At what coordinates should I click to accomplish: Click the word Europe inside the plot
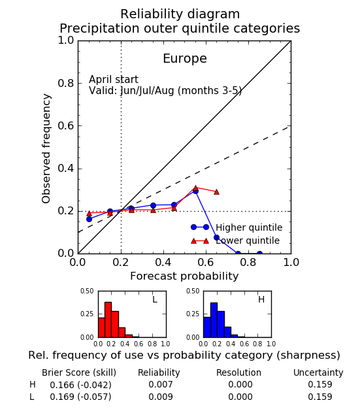(x=185, y=59)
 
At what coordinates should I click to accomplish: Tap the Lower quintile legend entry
(x=235, y=240)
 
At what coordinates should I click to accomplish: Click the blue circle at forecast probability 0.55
(x=195, y=191)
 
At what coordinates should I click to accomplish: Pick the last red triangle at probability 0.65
(x=216, y=192)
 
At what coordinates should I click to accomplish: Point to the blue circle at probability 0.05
(x=89, y=219)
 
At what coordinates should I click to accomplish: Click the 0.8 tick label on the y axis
(x=66, y=84)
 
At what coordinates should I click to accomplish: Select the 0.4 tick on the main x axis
(x=163, y=262)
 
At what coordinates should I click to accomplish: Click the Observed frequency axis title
(x=46, y=148)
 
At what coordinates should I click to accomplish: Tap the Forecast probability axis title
(x=184, y=276)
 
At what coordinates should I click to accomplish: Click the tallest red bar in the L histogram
(x=108, y=320)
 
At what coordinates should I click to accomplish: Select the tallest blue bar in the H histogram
(x=214, y=320)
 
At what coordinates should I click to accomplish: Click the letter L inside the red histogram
(x=155, y=299)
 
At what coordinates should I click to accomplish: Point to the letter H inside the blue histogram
(x=261, y=299)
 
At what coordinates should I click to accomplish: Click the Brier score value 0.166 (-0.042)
(x=80, y=385)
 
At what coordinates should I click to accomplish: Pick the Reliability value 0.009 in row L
(x=161, y=397)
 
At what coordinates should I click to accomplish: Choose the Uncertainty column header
(x=318, y=372)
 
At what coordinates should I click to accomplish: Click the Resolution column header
(x=238, y=372)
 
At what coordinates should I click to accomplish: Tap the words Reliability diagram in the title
(x=180, y=14)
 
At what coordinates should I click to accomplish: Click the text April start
(x=114, y=80)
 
